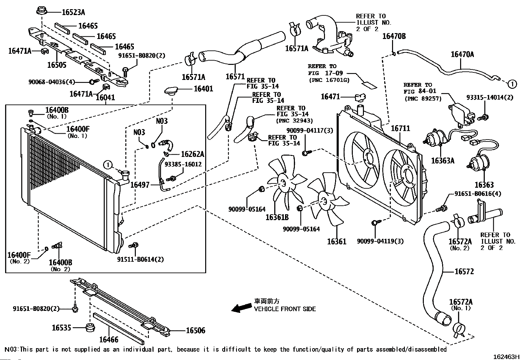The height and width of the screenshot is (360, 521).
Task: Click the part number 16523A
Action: (x=73, y=12)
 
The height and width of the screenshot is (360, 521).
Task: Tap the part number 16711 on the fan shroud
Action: (x=400, y=128)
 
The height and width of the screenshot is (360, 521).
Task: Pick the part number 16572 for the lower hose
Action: (x=464, y=271)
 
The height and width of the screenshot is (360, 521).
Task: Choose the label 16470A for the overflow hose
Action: (x=462, y=54)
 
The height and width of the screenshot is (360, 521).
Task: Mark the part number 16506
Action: (x=195, y=331)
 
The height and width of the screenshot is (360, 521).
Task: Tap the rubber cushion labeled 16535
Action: (x=90, y=328)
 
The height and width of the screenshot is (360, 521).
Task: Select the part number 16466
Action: (x=109, y=340)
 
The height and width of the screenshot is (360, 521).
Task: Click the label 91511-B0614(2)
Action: (x=140, y=259)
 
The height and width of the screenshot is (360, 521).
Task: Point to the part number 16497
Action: (x=140, y=185)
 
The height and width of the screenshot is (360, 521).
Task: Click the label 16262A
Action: (x=192, y=154)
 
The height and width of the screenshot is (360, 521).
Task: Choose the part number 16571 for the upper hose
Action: (x=235, y=77)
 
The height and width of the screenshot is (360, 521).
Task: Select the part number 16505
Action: (x=57, y=65)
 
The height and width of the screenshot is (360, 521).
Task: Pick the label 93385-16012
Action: (x=183, y=164)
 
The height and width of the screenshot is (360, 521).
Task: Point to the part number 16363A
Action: (x=442, y=161)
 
